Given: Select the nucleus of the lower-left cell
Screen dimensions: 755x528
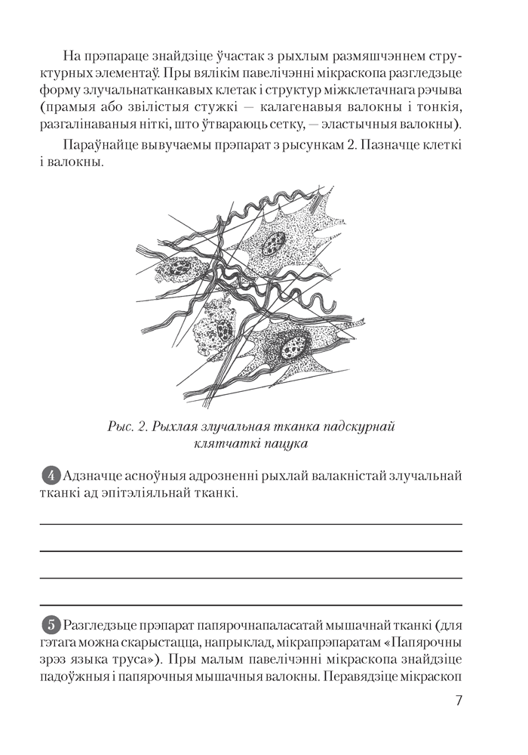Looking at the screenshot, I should [x=223, y=330].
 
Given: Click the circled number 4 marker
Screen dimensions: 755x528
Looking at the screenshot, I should [x=51, y=476].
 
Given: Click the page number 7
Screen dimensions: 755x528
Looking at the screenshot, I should [x=459, y=699].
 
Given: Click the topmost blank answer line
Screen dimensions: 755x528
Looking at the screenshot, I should [x=250, y=523].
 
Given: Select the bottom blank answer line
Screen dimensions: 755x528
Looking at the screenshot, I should [x=250, y=605].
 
